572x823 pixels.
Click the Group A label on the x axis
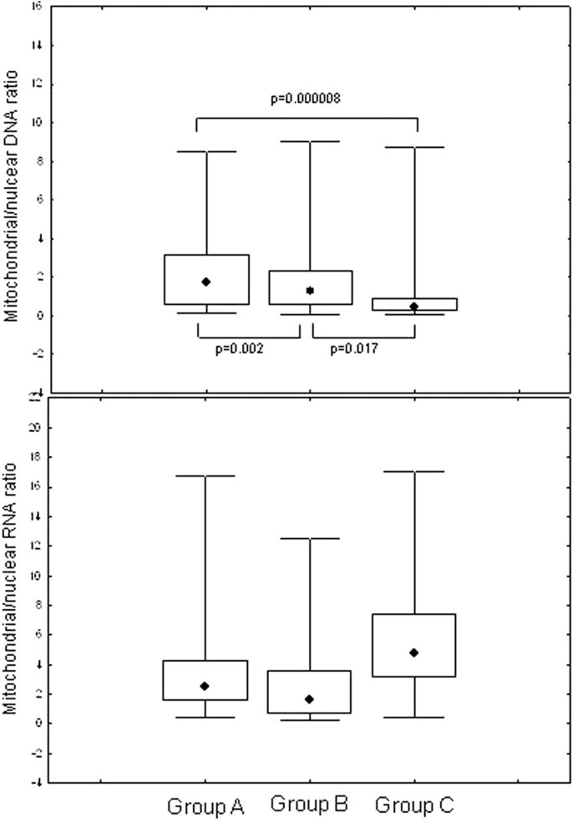[x=205, y=806]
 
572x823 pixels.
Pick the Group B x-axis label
[x=309, y=805]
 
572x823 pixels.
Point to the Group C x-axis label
[x=413, y=806]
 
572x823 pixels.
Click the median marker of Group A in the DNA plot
[x=206, y=282]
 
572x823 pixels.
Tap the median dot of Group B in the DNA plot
[x=310, y=291]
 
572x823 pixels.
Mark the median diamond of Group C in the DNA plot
[x=414, y=307]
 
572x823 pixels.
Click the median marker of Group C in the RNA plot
[x=414, y=653]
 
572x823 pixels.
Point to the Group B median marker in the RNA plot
[x=310, y=699]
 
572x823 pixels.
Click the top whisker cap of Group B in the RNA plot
[x=310, y=539]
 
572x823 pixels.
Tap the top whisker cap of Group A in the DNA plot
[x=206, y=152]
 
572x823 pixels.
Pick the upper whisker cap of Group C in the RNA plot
[x=414, y=472]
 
